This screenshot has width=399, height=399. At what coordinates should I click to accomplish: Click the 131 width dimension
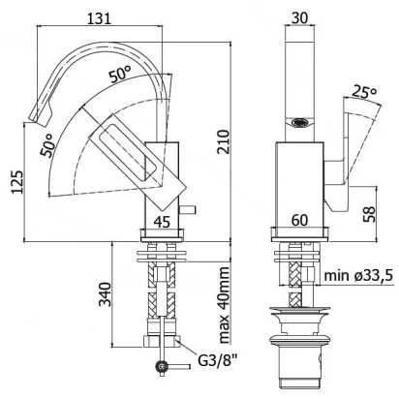[x=99, y=18]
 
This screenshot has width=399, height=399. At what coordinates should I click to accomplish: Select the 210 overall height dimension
[x=223, y=141]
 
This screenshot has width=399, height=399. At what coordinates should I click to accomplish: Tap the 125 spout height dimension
[x=17, y=182]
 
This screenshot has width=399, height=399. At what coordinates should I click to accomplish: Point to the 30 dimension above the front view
[x=299, y=17]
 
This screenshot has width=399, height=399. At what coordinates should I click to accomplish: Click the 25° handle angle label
[x=364, y=92]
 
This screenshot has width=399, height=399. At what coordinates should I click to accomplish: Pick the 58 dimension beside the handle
[x=369, y=214]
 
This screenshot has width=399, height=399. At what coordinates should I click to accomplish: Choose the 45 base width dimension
[x=162, y=222]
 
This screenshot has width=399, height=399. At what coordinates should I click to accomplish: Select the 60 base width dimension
[x=299, y=221]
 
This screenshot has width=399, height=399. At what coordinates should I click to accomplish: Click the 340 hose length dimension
[x=105, y=293]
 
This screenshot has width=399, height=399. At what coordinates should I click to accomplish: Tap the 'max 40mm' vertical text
[x=223, y=305]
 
